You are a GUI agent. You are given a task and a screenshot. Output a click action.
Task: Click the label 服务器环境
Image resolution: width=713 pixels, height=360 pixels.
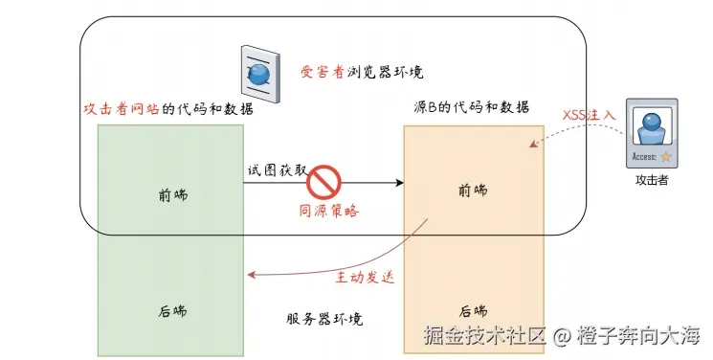coord(324,319)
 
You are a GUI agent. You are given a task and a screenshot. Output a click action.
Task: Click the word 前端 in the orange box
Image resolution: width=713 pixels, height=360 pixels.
coord(474,191)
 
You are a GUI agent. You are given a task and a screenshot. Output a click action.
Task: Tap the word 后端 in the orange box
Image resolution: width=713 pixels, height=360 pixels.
coord(474,310)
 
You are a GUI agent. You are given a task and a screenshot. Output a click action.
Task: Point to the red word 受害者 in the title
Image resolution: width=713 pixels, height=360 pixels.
coord(322,72)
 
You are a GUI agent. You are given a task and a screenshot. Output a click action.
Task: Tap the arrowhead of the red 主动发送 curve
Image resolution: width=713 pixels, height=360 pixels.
coord(251,276)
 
